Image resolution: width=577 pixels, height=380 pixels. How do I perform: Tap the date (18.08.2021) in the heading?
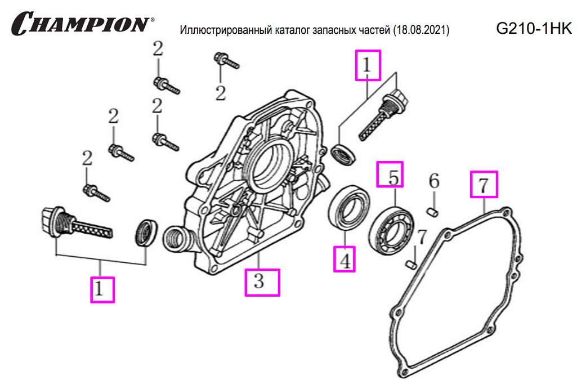coord(421,30)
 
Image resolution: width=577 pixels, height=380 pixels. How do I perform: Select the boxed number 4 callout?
coord(344,260)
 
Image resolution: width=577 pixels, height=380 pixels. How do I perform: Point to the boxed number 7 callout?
coord(484,184)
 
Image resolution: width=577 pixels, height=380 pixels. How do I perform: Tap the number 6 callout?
coord(433,182)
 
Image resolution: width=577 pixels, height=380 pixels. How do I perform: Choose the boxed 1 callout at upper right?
coord(368,65)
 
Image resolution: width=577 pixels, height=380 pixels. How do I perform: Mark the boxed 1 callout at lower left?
coord(102,289)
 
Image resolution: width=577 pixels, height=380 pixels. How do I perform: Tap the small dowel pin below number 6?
coord(433,211)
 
